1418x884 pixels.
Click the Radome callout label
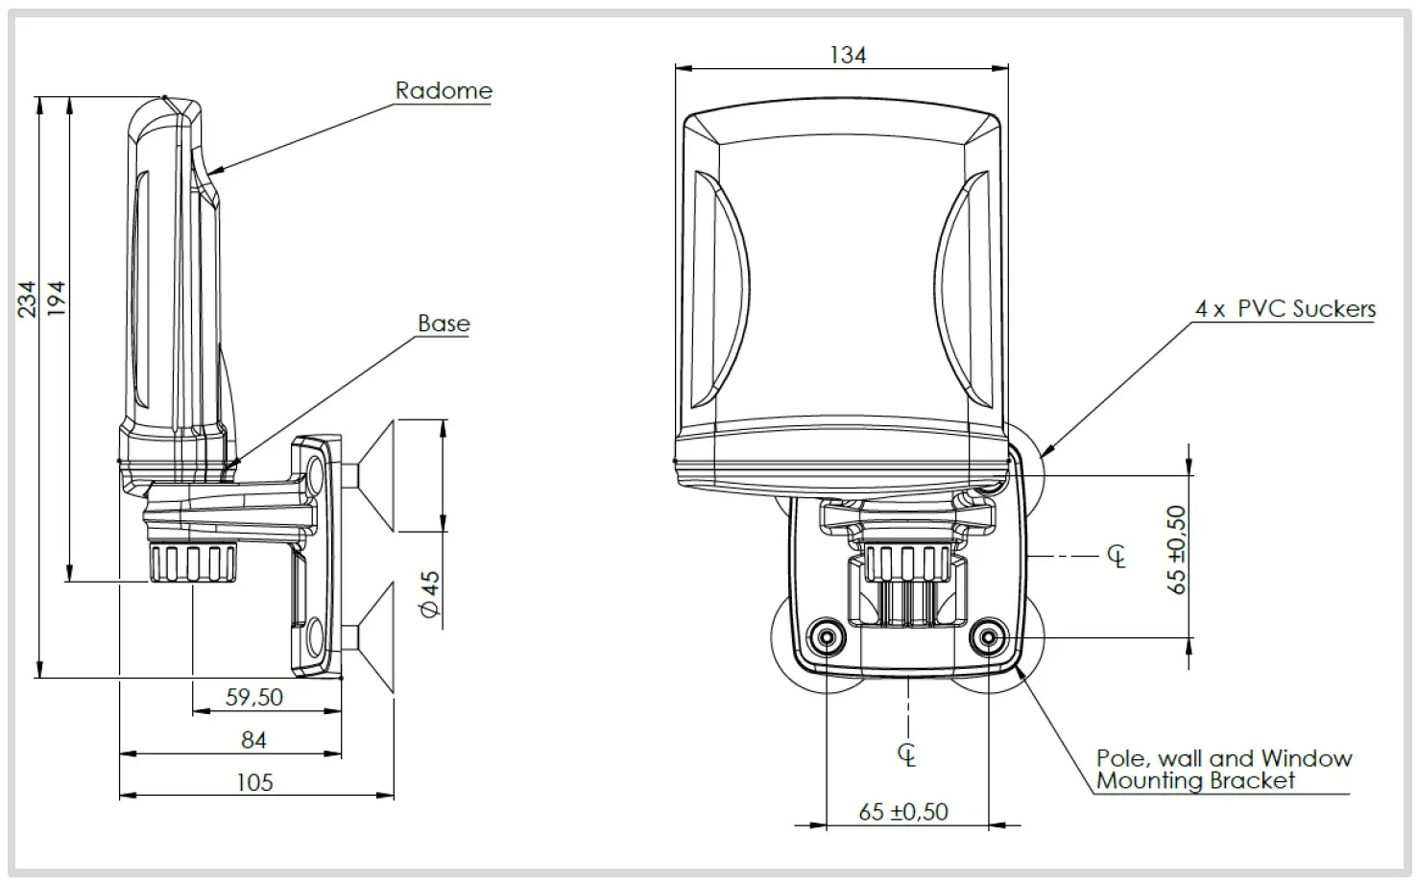point(444,91)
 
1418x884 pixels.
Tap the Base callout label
point(444,324)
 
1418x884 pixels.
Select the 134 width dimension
point(848,56)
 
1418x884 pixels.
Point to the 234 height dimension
point(28,299)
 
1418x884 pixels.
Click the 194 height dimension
point(57,299)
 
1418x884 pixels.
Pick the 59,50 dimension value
point(254,698)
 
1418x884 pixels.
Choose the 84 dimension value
point(253,740)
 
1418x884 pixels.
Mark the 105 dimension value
point(254,782)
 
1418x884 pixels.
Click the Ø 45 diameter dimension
point(431,594)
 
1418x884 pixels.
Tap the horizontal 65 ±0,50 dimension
point(903,812)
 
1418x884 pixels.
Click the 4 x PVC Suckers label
point(1285,309)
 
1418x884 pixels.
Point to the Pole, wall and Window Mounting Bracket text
point(1223,770)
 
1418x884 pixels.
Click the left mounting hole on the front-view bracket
point(826,636)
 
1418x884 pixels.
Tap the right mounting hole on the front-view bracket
point(988,636)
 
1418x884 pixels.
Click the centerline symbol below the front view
point(907,754)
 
